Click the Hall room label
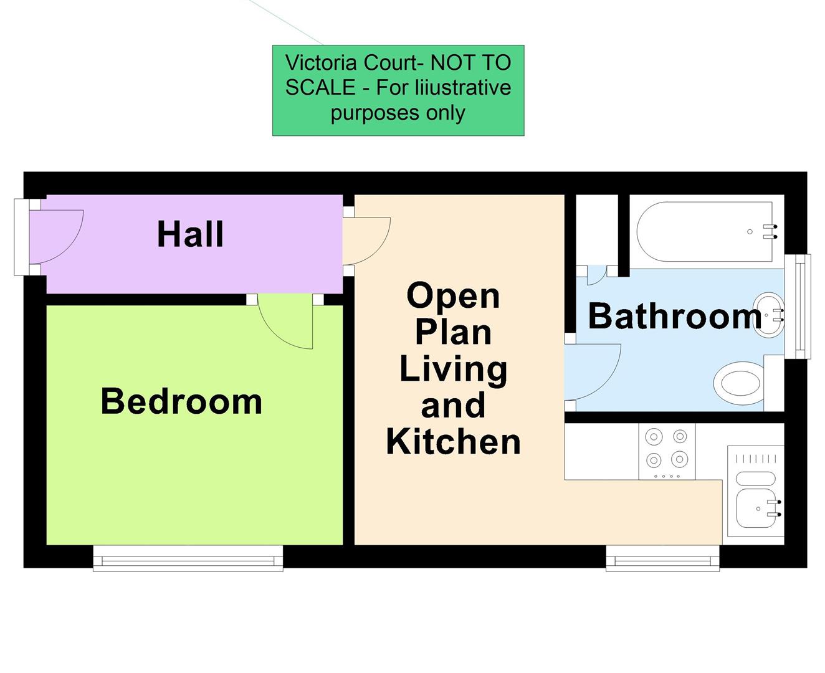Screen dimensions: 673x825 coord(190,235)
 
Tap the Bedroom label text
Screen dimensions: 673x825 coord(181,401)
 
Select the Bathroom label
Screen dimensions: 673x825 coord(675,316)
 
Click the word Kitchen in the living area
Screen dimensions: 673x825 coord(453,442)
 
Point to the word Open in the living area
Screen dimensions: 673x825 coord(453,295)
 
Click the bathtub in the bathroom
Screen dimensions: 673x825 coord(704,232)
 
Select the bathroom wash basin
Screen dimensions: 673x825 coord(770,315)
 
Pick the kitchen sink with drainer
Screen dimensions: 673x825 coord(756,495)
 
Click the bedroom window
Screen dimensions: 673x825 coord(188,559)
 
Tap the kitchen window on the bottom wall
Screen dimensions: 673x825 coord(662,559)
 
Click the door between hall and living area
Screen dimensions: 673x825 coord(368,240)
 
